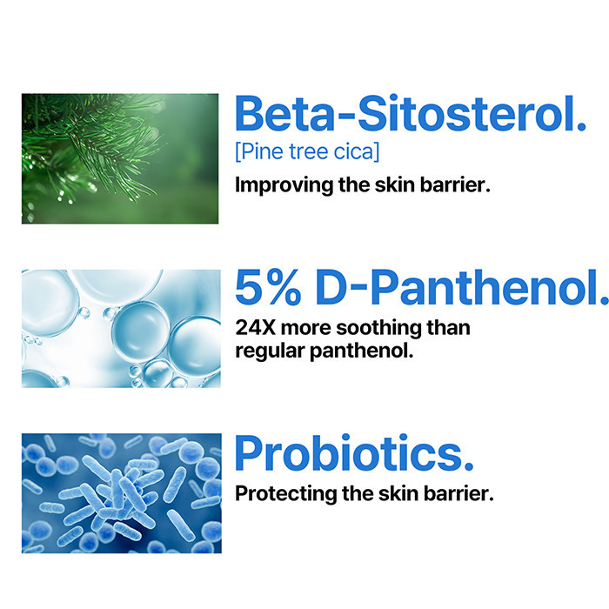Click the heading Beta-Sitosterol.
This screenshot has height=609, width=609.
click(410, 115)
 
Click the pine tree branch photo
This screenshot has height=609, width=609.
click(120, 158)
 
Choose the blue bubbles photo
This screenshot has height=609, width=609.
click(121, 328)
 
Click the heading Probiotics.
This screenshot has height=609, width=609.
click(354, 454)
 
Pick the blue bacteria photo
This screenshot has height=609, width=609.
click(121, 493)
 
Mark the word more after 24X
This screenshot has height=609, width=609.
click(307, 328)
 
